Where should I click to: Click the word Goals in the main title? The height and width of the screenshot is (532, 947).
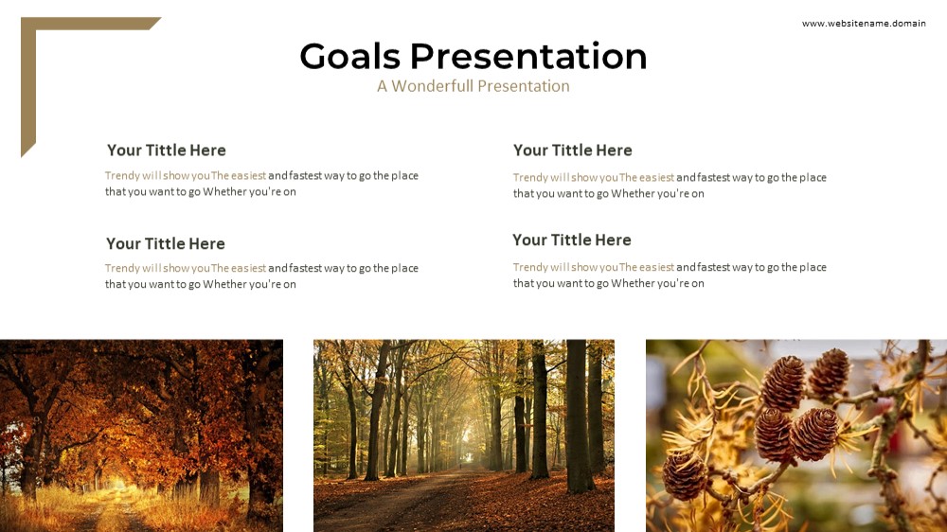pyautogui.click(x=350, y=56)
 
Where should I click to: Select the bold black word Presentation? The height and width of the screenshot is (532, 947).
pyautogui.click(x=528, y=56)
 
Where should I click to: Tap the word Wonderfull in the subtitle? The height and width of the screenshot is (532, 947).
pyautogui.click(x=431, y=86)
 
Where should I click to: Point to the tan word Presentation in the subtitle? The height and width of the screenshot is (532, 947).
pyautogui.click(x=523, y=86)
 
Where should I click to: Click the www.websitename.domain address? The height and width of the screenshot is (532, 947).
pyautogui.click(x=864, y=23)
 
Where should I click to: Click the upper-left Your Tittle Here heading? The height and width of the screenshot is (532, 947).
pyautogui.click(x=166, y=150)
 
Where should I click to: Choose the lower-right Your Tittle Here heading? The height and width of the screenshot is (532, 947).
pyautogui.click(x=571, y=239)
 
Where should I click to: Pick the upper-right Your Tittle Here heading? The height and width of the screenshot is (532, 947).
pyautogui.click(x=573, y=150)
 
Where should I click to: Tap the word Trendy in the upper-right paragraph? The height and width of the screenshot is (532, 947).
pyautogui.click(x=530, y=178)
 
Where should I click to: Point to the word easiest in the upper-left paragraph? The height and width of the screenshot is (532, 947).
pyautogui.click(x=248, y=176)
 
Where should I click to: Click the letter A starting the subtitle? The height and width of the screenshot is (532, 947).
pyautogui.click(x=382, y=86)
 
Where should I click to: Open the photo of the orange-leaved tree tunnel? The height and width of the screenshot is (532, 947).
pyautogui.click(x=141, y=435)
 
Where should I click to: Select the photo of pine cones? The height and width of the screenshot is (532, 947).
pyautogui.click(x=796, y=435)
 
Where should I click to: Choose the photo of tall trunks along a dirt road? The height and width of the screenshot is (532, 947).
pyautogui.click(x=464, y=435)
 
